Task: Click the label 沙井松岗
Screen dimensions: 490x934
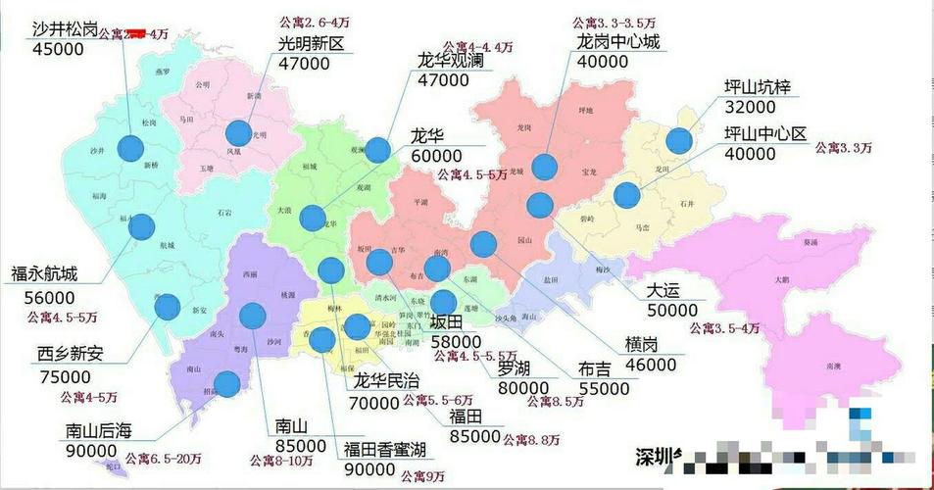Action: coord(65,29)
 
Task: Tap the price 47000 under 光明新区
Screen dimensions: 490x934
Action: coord(304,64)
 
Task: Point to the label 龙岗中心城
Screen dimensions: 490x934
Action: coord(618,42)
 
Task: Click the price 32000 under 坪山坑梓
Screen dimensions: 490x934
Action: coord(751,110)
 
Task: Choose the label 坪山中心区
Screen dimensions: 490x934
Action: coord(764,133)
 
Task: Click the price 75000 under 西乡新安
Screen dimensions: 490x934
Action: coord(65,377)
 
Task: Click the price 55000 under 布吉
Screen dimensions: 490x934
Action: coord(604,389)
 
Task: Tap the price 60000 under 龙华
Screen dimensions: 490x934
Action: coord(436,157)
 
